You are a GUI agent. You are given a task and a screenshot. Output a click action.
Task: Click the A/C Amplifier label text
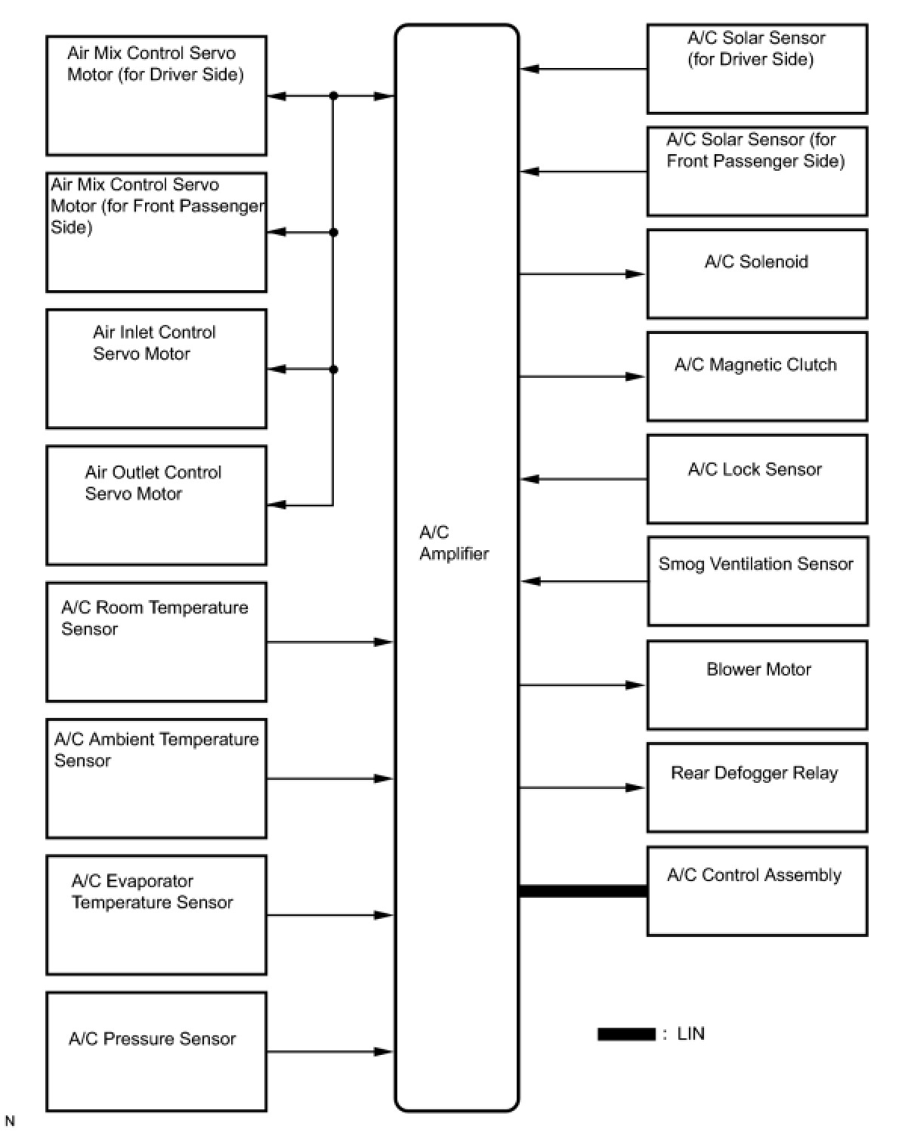(x=454, y=543)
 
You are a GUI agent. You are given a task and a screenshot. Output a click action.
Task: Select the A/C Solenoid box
(x=757, y=274)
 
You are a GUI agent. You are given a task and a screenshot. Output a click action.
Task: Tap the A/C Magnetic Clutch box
(x=757, y=376)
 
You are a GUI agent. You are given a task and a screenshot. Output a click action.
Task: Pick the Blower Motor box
(x=757, y=685)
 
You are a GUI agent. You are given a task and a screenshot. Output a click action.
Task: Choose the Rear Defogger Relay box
(x=757, y=787)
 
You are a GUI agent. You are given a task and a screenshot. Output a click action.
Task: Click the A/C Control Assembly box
(x=757, y=891)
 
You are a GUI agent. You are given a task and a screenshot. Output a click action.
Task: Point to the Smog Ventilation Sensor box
(x=758, y=581)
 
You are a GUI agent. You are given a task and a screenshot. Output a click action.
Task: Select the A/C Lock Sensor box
(x=757, y=479)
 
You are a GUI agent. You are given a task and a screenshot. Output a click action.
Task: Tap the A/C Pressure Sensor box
(x=156, y=1051)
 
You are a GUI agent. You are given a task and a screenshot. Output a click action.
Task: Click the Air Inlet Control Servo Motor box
(x=156, y=369)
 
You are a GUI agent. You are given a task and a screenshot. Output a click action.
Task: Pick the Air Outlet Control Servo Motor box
(x=156, y=506)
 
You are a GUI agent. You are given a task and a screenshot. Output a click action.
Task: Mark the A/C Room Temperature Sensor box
(x=156, y=642)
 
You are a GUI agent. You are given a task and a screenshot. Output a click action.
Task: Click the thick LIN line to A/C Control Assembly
(x=582, y=891)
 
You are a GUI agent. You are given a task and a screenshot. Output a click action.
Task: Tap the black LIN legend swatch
(x=626, y=1034)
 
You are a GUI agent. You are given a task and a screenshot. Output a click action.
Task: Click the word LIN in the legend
(x=690, y=1034)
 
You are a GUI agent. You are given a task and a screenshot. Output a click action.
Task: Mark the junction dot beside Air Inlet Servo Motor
(x=333, y=370)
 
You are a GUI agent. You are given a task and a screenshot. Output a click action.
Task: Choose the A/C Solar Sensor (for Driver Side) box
(x=757, y=69)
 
